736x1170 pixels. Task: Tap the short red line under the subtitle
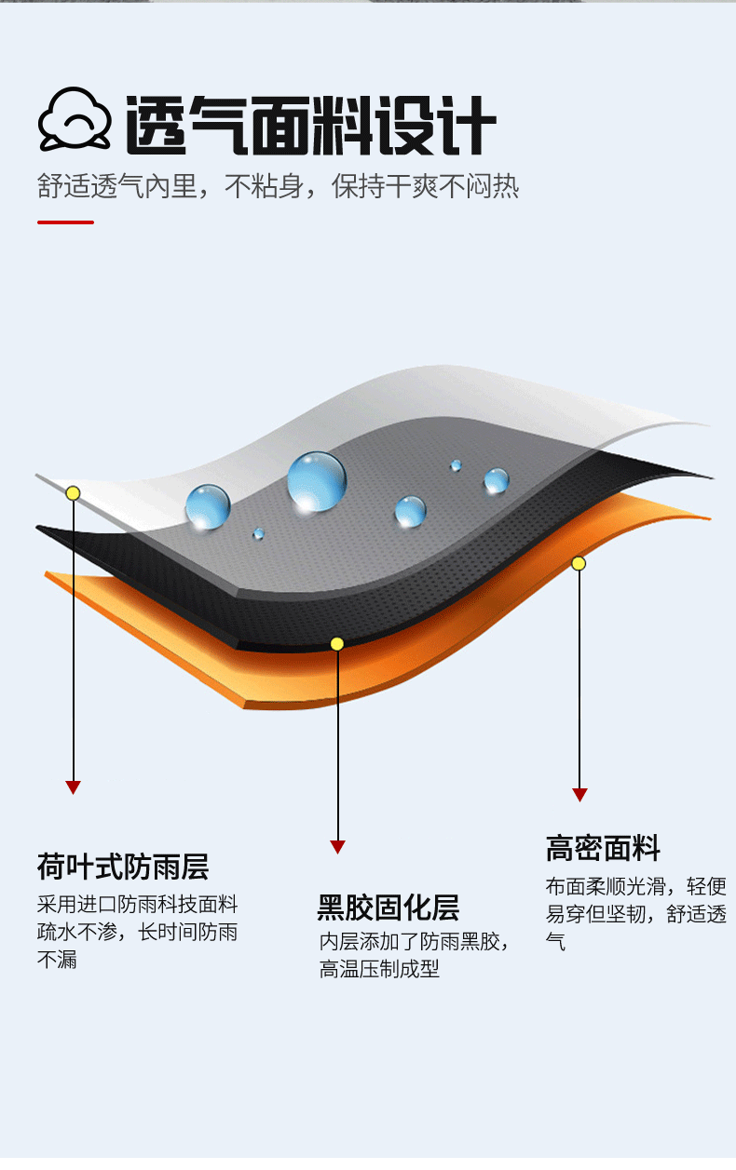[x=65, y=222]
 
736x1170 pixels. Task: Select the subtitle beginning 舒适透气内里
[x=278, y=186]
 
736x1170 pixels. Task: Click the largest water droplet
[x=316, y=480]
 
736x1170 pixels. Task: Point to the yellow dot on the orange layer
[x=579, y=563]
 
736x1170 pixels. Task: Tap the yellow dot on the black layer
[x=337, y=643]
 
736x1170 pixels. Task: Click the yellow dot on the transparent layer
[x=73, y=492]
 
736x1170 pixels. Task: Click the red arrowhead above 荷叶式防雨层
[x=73, y=787]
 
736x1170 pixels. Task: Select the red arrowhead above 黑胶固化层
[x=337, y=847]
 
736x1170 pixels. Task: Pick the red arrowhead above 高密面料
[x=579, y=795]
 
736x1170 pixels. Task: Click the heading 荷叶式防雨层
[x=123, y=867]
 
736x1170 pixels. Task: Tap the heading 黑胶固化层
[x=388, y=908]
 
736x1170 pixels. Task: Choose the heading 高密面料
[x=603, y=849]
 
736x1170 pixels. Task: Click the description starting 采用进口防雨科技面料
[x=138, y=932]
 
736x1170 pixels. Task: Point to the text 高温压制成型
[x=379, y=970]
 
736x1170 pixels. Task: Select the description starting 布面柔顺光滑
[x=635, y=914]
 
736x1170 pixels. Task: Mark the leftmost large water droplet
[x=207, y=506]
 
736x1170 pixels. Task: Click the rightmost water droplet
[x=496, y=480]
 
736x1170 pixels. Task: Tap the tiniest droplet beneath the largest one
[x=258, y=533]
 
